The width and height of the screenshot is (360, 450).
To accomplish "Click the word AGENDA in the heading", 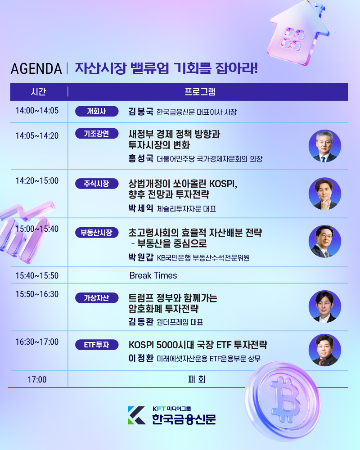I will pyautogui.click(x=36, y=69).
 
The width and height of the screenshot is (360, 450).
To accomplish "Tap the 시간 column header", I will pyautogui.click(x=38, y=92).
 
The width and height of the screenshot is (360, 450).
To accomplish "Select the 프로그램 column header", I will pyautogui.click(x=200, y=92).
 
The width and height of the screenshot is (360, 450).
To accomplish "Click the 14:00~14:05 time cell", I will pyautogui.click(x=37, y=111).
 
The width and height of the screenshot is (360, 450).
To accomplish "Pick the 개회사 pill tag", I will pyautogui.click(x=96, y=112).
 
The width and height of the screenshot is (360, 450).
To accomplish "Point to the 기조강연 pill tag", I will pyautogui.click(x=96, y=134).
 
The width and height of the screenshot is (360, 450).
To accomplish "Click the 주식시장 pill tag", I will pyautogui.click(x=96, y=183).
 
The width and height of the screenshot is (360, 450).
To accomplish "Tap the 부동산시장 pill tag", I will pyautogui.click(x=96, y=233).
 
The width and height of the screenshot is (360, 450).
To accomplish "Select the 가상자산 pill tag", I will pyautogui.click(x=96, y=297).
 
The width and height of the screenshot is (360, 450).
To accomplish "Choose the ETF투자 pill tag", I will pyautogui.click(x=96, y=345).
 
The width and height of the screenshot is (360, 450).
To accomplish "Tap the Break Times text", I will pyautogui.click(x=153, y=275).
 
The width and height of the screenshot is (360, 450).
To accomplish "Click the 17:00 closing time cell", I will pyautogui.click(x=37, y=379).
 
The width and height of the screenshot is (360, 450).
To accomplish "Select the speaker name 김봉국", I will pyautogui.click(x=141, y=112).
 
